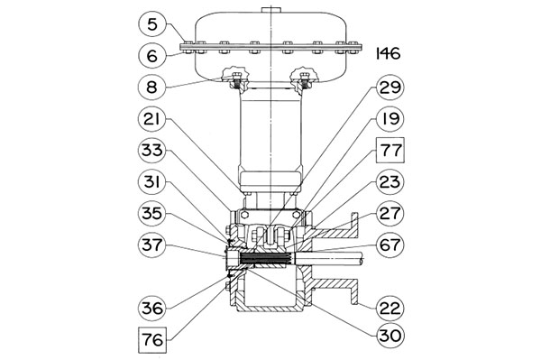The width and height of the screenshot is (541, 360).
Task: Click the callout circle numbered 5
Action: pyautogui.click(x=152, y=24)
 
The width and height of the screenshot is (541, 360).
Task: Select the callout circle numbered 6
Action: pyautogui.click(x=152, y=56)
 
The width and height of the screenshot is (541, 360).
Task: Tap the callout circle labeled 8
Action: pyautogui.click(x=152, y=87)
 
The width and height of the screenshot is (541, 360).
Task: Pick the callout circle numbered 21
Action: pyautogui.click(x=152, y=119)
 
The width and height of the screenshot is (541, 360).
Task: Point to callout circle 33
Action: pyautogui.click(x=152, y=151)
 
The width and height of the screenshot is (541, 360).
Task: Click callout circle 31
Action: pyautogui.click(x=152, y=182)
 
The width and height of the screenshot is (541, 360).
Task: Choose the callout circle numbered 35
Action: pyautogui.click(x=152, y=213)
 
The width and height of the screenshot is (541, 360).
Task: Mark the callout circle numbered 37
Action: pyautogui.click(x=152, y=245)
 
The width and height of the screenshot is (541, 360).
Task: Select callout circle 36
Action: pyautogui.click(x=152, y=308)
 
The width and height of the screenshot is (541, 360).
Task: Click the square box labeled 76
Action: pyautogui.click(x=152, y=339)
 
